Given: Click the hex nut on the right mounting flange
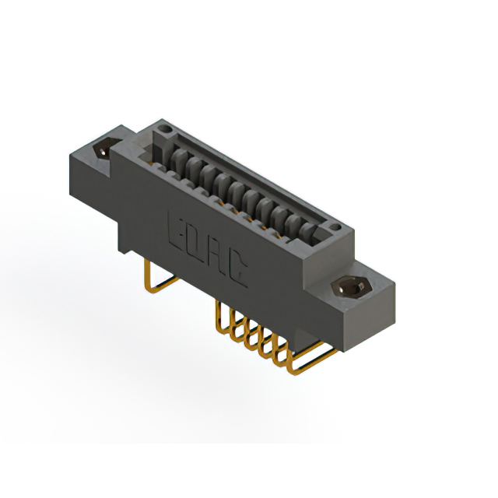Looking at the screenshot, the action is [x=352, y=286].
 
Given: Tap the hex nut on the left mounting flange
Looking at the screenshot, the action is [x=105, y=148].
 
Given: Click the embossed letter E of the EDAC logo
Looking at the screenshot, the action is [x=177, y=230].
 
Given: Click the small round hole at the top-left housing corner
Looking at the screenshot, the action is [x=165, y=128].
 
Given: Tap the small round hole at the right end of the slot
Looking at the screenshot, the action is [x=335, y=227].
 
